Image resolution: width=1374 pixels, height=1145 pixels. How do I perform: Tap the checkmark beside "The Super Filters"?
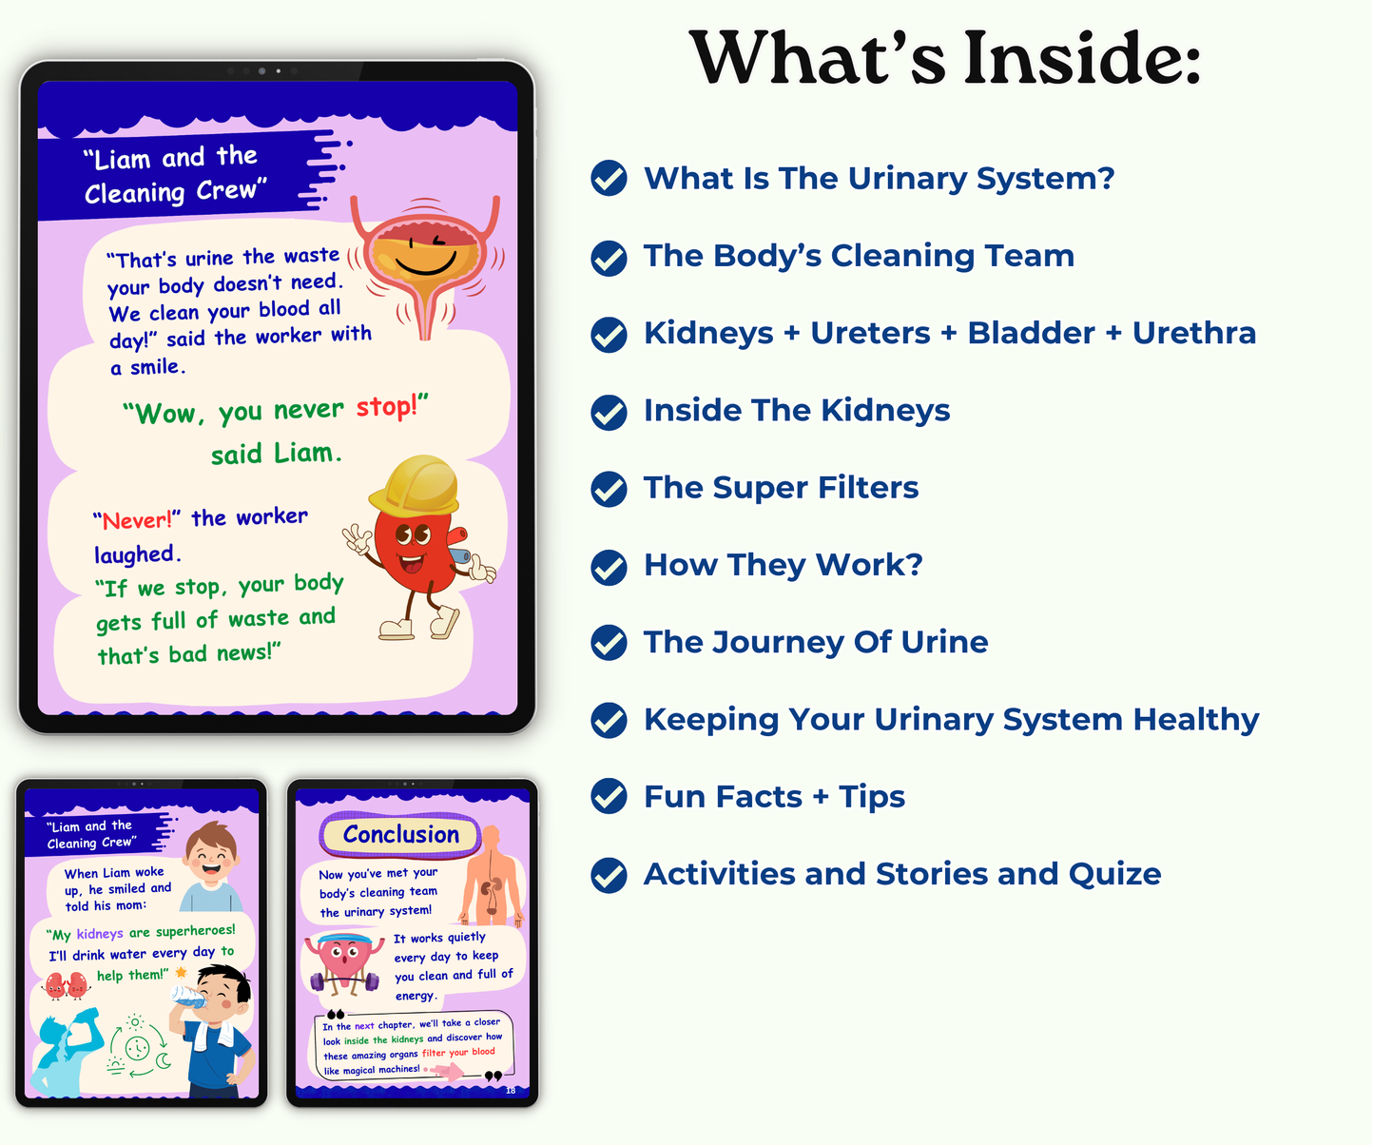(x=609, y=489)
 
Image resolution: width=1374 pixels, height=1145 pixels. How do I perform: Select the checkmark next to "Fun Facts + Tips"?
(x=609, y=797)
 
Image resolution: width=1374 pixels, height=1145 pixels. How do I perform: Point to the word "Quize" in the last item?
(x=1114, y=874)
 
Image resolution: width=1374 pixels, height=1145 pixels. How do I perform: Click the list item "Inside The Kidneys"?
(x=797, y=411)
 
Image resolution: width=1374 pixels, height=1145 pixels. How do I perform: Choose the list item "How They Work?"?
(x=783, y=565)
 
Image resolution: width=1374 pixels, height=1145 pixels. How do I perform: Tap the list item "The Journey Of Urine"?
(x=816, y=643)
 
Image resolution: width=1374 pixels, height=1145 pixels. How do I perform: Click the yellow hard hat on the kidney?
(x=416, y=483)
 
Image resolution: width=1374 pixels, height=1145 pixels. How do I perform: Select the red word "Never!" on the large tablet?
(x=137, y=520)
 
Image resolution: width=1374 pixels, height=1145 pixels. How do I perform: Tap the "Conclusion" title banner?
(x=400, y=835)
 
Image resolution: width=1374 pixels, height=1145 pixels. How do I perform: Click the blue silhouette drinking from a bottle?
(x=68, y=1051)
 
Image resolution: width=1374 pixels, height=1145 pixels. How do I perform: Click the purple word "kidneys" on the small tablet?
(x=100, y=934)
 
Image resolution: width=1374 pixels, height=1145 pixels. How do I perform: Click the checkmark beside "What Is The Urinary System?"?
(x=609, y=179)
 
